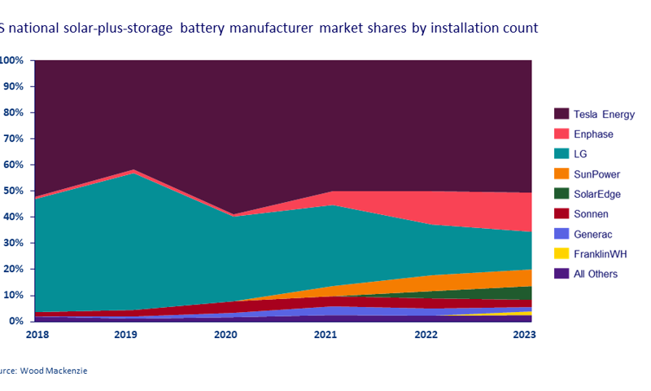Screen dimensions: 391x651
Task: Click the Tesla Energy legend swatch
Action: click(x=561, y=114)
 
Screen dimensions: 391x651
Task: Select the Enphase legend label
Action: click(x=592, y=134)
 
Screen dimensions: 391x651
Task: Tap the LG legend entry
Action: click(x=579, y=154)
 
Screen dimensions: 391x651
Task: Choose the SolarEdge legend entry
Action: click(x=596, y=194)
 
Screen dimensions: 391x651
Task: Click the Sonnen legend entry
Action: click(x=590, y=214)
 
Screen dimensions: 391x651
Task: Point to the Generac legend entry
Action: click(x=592, y=234)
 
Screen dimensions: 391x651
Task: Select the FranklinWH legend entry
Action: click(x=600, y=254)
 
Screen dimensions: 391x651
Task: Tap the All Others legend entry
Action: click(x=595, y=274)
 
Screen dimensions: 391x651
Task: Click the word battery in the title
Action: click(x=203, y=28)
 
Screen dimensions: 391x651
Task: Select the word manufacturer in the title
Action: click(x=272, y=28)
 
